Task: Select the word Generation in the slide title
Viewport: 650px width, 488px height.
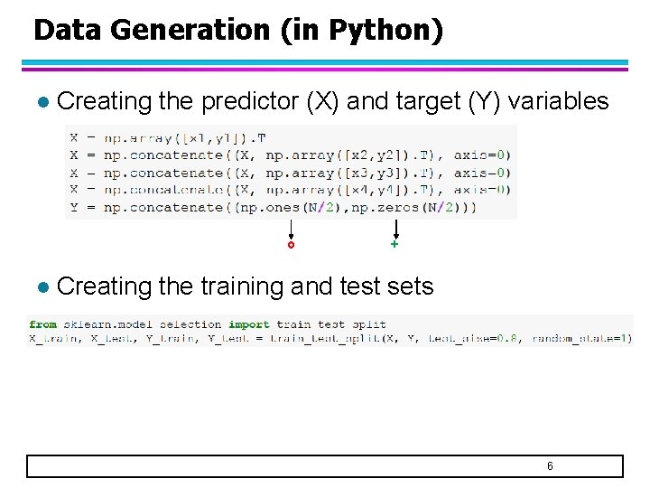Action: point(190,30)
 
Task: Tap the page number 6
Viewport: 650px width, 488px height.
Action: point(550,466)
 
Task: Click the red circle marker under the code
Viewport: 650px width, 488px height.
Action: point(291,245)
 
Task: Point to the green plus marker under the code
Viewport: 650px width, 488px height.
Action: point(395,245)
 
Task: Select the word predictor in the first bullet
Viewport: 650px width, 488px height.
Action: point(250,101)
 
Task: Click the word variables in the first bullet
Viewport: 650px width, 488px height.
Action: point(558,101)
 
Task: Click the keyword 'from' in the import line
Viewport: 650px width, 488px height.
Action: point(42,324)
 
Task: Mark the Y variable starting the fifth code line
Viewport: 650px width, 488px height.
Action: point(74,208)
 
